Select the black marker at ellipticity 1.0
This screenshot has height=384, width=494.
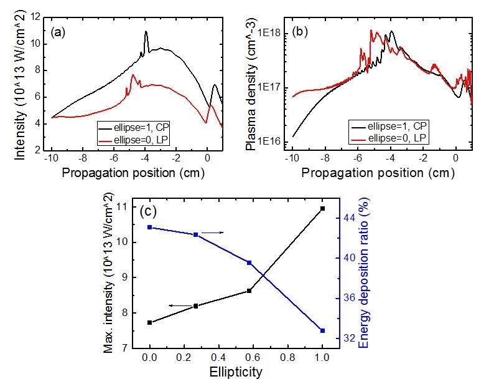(322, 208)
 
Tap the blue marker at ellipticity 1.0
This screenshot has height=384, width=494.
(322, 330)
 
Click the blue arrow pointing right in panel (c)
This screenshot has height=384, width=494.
(213, 233)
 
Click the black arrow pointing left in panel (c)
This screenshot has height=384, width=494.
(162, 305)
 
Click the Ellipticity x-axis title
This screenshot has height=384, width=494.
(236, 373)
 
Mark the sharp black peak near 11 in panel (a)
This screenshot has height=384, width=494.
(146, 32)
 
